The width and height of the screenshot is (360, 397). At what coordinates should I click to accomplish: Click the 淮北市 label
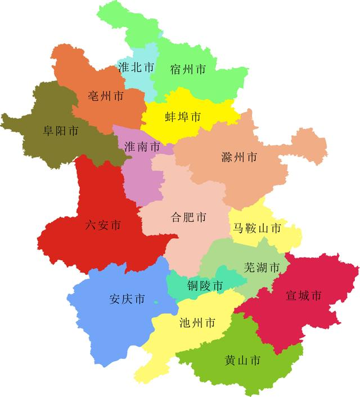click(136, 67)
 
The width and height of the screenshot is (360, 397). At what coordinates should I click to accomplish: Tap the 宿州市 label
click(188, 70)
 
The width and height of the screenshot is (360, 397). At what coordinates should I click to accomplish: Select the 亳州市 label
click(106, 96)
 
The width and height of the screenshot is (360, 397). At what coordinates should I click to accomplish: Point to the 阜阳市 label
click(61, 131)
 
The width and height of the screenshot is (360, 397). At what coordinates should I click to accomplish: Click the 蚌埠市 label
click(183, 118)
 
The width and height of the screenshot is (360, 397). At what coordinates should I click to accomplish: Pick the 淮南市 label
click(142, 147)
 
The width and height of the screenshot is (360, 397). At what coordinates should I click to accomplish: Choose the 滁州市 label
click(240, 157)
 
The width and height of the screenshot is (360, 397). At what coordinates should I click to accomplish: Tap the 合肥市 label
click(188, 217)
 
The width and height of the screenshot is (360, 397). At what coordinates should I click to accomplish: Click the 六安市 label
click(103, 226)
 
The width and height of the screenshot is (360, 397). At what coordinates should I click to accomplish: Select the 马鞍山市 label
click(257, 228)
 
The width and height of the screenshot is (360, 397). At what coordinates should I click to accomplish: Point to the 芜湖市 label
click(262, 267)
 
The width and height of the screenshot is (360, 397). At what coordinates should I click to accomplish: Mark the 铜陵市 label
click(205, 286)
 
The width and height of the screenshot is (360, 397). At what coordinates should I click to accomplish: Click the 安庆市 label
click(127, 299)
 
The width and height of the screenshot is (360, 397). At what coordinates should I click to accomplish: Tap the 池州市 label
click(197, 323)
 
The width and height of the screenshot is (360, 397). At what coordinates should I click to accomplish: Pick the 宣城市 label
click(304, 295)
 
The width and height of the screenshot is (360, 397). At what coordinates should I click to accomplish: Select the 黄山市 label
click(242, 360)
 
